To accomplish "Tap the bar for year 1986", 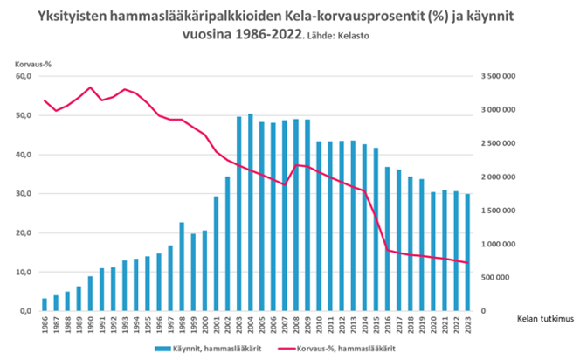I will click(x=45, y=304).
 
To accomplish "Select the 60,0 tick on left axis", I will click(x=23, y=76).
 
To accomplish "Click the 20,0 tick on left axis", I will click(x=23, y=232).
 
